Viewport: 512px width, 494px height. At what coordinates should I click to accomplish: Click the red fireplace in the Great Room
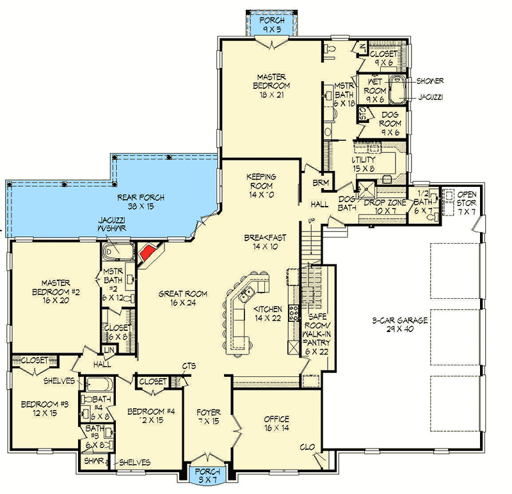click(147, 252)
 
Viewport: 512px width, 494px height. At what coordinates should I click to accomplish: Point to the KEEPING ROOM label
click(261, 181)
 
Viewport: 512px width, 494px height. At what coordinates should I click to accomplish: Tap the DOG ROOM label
click(390, 120)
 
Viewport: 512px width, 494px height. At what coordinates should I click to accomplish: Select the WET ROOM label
click(375, 91)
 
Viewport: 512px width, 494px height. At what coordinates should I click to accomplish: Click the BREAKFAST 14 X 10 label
click(265, 242)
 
